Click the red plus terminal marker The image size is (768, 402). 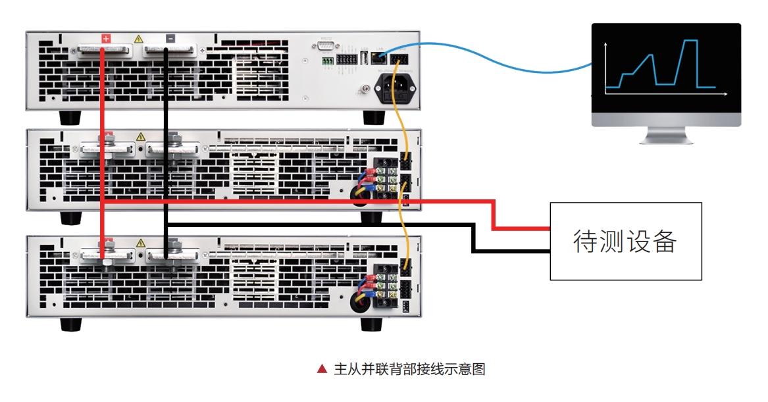pyautogui.click(x=106, y=39)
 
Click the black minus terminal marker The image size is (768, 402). pyautogui.click(x=170, y=39)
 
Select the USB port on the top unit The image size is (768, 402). pyautogui.click(x=363, y=59)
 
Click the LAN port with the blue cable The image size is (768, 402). pyautogui.click(x=378, y=58)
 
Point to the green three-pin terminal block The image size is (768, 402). pyautogui.click(x=327, y=61)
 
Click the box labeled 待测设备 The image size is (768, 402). pyautogui.click(x=625, y=241)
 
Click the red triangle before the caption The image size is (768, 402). pyautogui.click(x=322, y=369)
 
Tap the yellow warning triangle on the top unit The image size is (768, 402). pyautogui.click(x=139, y=39)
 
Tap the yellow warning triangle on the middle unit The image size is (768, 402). pyautogui.click(x=140, y=137)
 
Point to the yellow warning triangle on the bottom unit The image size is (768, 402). pyautogui.click(x=140, y=243)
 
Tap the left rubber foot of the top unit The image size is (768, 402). pyautogui.click(x=70, y=118)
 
